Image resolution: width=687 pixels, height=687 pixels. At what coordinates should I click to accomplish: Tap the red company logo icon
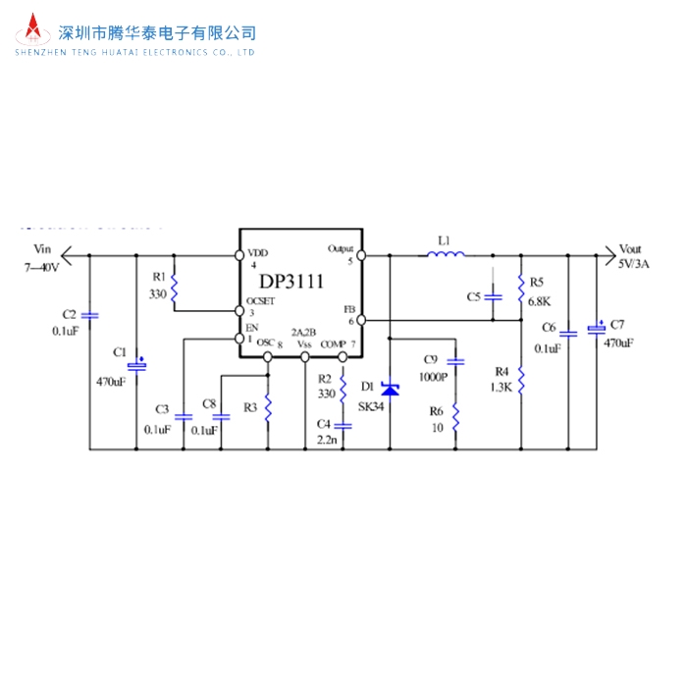[x=34, y=32]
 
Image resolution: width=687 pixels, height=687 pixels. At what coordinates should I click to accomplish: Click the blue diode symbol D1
[x=390, y=391]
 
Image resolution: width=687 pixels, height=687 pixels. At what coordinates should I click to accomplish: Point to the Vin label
[x=41, y=249]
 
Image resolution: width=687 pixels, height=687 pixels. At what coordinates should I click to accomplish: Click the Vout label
[x=630, y=249]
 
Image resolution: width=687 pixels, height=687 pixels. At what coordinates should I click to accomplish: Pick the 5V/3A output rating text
[x=633, y=265]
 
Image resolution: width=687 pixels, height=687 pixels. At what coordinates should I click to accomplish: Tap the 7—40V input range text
[x=42, y=266]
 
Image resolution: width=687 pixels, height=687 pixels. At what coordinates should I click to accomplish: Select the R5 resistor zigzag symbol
[x=519, y=286]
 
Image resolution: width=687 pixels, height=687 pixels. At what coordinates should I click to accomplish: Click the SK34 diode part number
[x=372, y=406]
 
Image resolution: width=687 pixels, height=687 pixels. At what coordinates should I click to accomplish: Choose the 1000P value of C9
[x=433, y=377]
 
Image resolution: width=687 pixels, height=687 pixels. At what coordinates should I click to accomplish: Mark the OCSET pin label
[x=260, y=300]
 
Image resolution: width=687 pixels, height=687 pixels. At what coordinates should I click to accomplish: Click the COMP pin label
[x=334, y=343]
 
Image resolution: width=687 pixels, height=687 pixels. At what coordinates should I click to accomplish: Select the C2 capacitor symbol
[x=90, y=316]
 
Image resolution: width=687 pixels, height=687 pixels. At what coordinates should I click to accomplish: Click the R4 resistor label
[x=502, y=371]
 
